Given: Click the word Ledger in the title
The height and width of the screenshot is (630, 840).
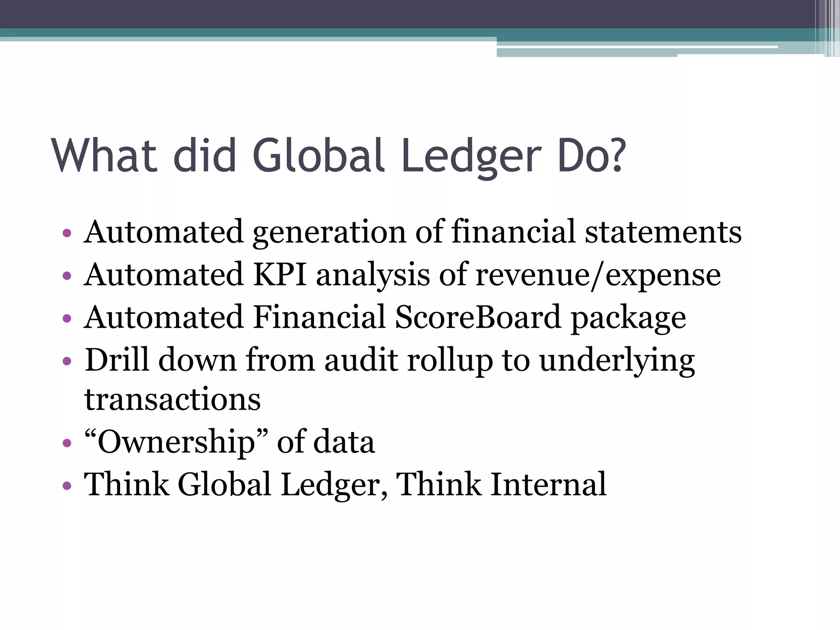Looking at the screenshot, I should (x=471, y=156).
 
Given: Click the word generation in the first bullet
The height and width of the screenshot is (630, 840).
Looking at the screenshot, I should (x=329, y=233).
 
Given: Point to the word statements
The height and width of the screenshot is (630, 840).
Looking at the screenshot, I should (x=663, y=232).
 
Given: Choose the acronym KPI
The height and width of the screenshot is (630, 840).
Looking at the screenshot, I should (x=280, y=274).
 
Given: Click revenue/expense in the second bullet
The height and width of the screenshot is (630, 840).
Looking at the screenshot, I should (x=598, y=275).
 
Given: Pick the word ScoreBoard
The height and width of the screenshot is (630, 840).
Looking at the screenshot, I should (x=478, y=317).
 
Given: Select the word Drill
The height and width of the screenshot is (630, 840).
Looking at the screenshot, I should (x=116, y=360).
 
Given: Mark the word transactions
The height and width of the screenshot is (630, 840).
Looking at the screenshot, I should (x=172, y=399).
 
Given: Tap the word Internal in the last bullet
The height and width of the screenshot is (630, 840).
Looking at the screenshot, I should (x=548, y=484).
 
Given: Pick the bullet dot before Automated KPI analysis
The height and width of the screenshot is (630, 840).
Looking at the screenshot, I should (x=66, y=276).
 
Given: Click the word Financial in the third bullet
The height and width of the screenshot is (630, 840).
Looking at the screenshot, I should (x=319, y=317).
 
